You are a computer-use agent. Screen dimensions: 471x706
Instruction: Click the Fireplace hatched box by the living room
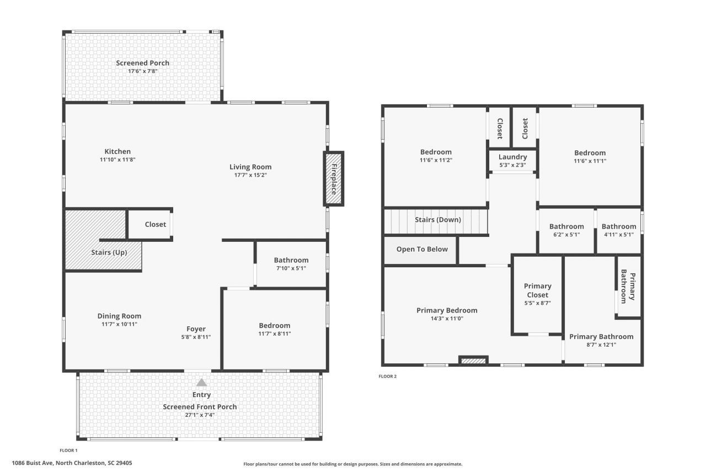pyautogui.click(x=333, y=179)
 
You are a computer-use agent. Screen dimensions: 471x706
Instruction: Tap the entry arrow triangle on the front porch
pyautogui.click(x=202, y=382)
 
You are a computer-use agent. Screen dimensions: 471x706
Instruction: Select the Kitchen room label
pyautogui.click(x=117, y=151)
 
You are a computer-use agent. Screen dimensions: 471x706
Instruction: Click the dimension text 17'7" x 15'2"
pyautogui.click(x=250, y=175)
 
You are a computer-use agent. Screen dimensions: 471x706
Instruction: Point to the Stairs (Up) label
pyautogui.click(x=109, y=252)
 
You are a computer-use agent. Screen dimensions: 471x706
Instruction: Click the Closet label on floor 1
pyautogui.click(x=155, y=224)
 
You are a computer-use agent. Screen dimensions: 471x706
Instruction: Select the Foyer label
pyautogui.click(x=196, y=329)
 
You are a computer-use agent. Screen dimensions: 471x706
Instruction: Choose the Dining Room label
pyautogui.click(x=119, y=316)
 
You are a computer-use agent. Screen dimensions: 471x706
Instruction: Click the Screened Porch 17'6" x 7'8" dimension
pyautogui.click(x=142, y=71)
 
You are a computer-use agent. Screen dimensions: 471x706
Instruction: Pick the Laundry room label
pyautogui.click(x=512, y=157)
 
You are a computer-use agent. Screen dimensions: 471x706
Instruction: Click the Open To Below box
pyautogui.click(x=422, y=249)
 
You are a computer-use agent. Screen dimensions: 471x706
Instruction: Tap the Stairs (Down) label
pyautogui.click(x=437, y=219)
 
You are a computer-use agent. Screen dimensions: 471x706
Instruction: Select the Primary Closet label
pyautogui.click(x=537, y=290)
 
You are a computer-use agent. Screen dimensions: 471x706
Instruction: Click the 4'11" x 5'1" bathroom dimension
pyautogui.click(x=618, y=234)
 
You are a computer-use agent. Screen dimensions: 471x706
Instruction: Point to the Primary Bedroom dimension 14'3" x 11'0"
pyautogui.click(x=447, y=318)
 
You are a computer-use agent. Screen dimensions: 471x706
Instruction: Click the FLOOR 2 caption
pyautogui.click(x=387, y=377)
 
